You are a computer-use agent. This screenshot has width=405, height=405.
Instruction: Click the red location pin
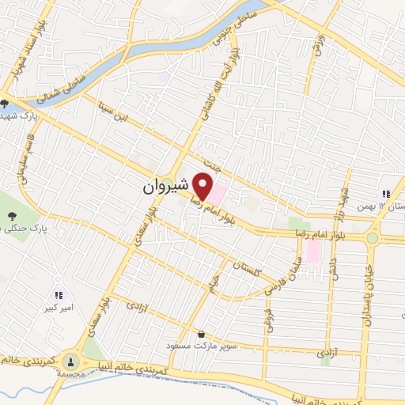point(204,187)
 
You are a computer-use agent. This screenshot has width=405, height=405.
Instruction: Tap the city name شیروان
point(166,187)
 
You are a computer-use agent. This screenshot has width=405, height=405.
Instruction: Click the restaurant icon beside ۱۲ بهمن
point(385,193)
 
